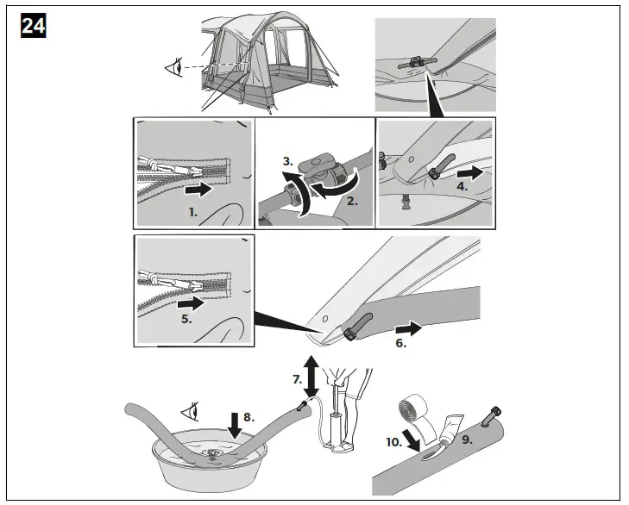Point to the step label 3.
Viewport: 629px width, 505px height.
[287, 160]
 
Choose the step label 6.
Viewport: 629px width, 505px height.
[400, 343]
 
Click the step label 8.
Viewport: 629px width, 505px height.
[248, 417]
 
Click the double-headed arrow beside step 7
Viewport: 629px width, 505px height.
[310, 371]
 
